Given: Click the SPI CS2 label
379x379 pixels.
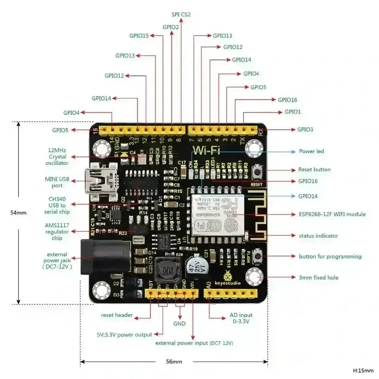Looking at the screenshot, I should coord(181,15).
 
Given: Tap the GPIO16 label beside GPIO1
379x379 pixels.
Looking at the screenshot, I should coord(287,100).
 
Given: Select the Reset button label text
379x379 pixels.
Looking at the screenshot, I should coord(314,169).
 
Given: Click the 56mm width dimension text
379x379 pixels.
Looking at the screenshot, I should coord(174,362).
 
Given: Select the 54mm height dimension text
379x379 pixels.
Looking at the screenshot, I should coord(19,213).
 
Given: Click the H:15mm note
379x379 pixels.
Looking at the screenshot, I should coord(363,370).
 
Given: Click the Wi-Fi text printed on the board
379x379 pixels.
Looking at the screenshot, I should coord(207,150).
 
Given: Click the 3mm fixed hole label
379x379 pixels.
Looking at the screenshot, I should coord(318,277).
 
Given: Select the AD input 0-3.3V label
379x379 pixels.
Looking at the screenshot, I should coord(241,318).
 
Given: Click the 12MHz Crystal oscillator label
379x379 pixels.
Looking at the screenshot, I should coord(58,157).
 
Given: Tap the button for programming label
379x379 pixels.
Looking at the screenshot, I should coord(330,257).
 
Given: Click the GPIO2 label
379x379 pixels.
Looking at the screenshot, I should coord(171,27).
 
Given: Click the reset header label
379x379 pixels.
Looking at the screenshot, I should coord(117,315).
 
